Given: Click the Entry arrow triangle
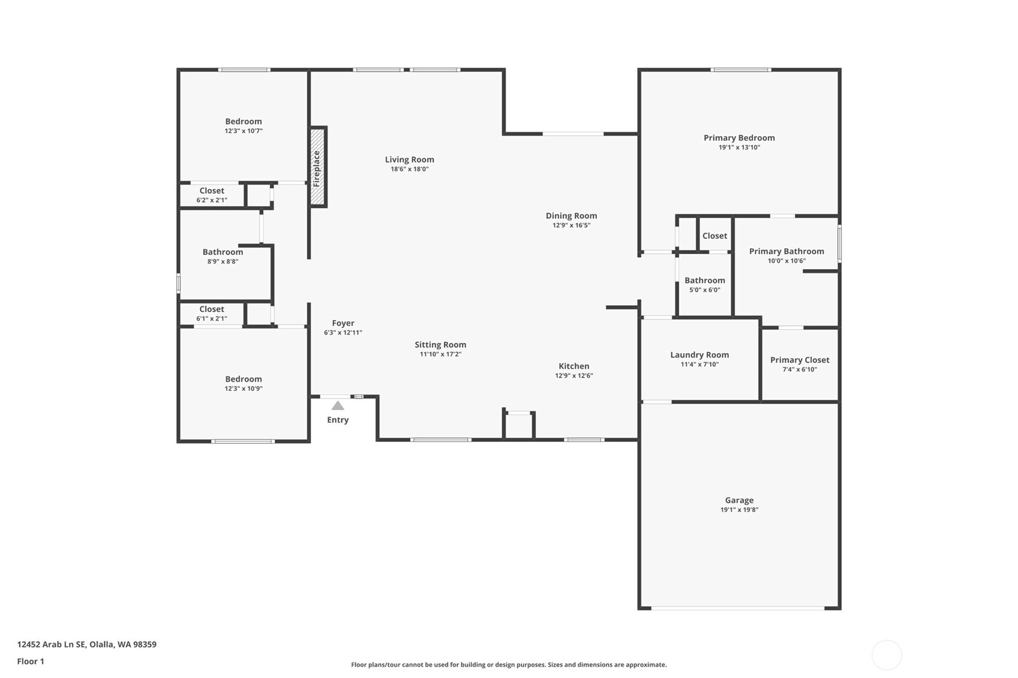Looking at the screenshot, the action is click(338, 405).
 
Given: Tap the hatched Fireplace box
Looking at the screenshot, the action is click(317, 167).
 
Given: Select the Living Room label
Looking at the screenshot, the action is click(410, 159).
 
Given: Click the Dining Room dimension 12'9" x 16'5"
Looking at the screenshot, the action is click(571, 225).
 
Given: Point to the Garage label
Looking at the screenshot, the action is click(739, 500).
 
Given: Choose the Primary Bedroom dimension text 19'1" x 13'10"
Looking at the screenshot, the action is click(739, 147).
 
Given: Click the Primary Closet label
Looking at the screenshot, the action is click(800, 360).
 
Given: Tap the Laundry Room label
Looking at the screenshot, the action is click(699, 355).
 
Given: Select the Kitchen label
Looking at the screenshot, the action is click(573, 366).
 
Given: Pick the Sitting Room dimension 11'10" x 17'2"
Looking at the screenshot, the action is click(440, 354).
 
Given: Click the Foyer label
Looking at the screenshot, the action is click(343, 323).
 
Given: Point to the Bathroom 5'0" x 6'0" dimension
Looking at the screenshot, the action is click(704, 290).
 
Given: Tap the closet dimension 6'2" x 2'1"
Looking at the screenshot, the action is click(212, 200).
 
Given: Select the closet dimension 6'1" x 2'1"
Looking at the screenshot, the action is click(212, 319).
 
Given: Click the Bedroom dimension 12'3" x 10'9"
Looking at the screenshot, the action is click(244, 388).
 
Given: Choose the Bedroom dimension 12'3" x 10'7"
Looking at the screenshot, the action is click(244, 131).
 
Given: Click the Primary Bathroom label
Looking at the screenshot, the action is click(786, 251).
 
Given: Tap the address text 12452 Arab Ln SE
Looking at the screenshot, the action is click(52, 644).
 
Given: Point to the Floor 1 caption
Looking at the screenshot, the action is click(31, 661).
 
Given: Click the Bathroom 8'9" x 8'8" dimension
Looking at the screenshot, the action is click(223, 261).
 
